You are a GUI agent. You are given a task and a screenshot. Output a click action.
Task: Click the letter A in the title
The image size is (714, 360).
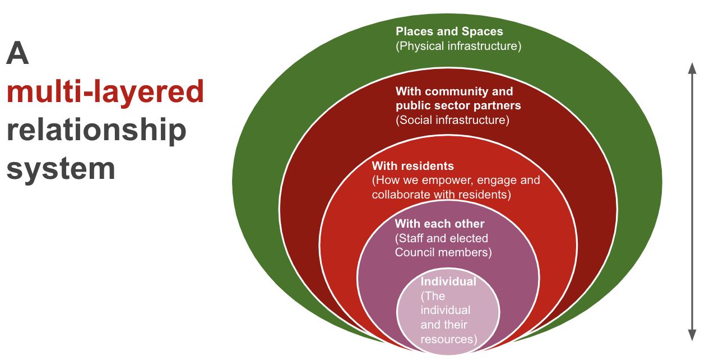(x=17, y=53)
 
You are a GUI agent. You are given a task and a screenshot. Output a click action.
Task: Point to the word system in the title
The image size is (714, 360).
(x=61, y=169)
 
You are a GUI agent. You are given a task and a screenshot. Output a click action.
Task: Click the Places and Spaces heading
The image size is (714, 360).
(x=449, y=31)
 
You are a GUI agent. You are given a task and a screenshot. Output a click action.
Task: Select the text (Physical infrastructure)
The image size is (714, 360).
(x=458, y=46)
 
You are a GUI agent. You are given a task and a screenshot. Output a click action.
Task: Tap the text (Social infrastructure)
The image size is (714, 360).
(x=452, y=120)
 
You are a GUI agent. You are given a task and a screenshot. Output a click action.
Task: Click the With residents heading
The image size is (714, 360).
(x=413, y=166)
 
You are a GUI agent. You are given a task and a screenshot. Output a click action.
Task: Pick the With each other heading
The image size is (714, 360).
(x=439, y=224)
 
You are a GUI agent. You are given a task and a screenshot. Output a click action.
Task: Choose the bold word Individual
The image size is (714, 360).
(x=448, y=281)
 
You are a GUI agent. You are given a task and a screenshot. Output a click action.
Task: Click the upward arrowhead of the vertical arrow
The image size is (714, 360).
(x=692, y=68)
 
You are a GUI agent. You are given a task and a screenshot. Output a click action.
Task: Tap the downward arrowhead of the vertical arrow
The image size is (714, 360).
(x=692, y=335)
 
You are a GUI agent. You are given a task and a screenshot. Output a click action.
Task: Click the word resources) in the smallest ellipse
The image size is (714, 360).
(x=449, y=339)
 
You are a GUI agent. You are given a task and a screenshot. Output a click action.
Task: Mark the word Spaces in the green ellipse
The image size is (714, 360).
(x=483, y=32)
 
